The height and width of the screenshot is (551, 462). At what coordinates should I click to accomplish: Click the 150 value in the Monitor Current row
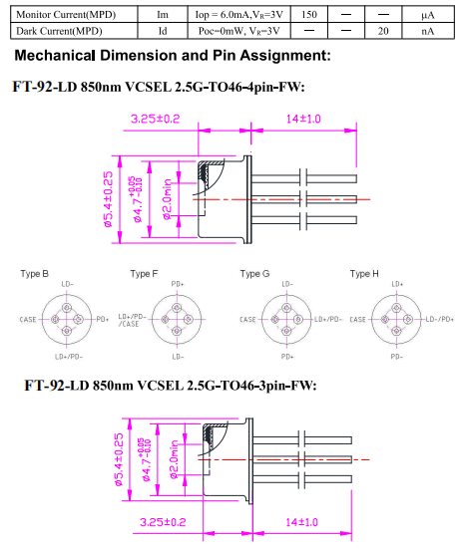[x=309, y=14]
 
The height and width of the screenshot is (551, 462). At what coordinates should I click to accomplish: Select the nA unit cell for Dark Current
[x=427, y=31]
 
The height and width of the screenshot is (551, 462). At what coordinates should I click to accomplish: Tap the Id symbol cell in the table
[x=163, y=31]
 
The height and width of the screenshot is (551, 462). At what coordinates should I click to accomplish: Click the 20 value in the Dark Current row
[x=383, y=31]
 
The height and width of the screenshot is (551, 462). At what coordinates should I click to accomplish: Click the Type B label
[x=35, y=274]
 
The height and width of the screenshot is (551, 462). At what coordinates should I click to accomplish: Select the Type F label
[x=145, y=274]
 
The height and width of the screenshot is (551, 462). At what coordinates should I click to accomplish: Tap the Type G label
[x=254, y=274]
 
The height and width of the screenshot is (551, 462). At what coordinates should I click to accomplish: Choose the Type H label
[x=364, y=274]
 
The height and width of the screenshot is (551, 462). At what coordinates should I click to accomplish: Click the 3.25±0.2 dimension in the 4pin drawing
[x=156, y=119]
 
